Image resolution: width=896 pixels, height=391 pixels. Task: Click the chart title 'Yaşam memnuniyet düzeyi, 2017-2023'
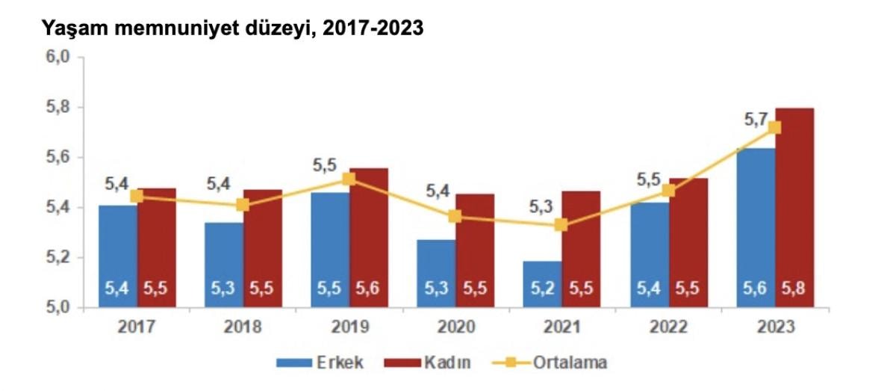click(231, 29)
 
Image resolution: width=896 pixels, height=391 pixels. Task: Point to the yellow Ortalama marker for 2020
click(455, 217)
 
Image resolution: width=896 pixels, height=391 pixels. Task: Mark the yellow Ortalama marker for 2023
click(774, 127)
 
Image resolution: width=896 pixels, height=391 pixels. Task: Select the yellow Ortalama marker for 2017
click(137, 196)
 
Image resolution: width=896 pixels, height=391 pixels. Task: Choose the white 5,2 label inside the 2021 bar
click(542, 288)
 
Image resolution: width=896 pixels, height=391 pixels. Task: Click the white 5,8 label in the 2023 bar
click(794, 288)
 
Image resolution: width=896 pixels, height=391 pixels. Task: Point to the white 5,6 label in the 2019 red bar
click(369, 288)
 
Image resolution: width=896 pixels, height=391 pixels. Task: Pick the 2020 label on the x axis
click(455, 327)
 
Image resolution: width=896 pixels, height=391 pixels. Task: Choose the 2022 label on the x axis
click(668, 327)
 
